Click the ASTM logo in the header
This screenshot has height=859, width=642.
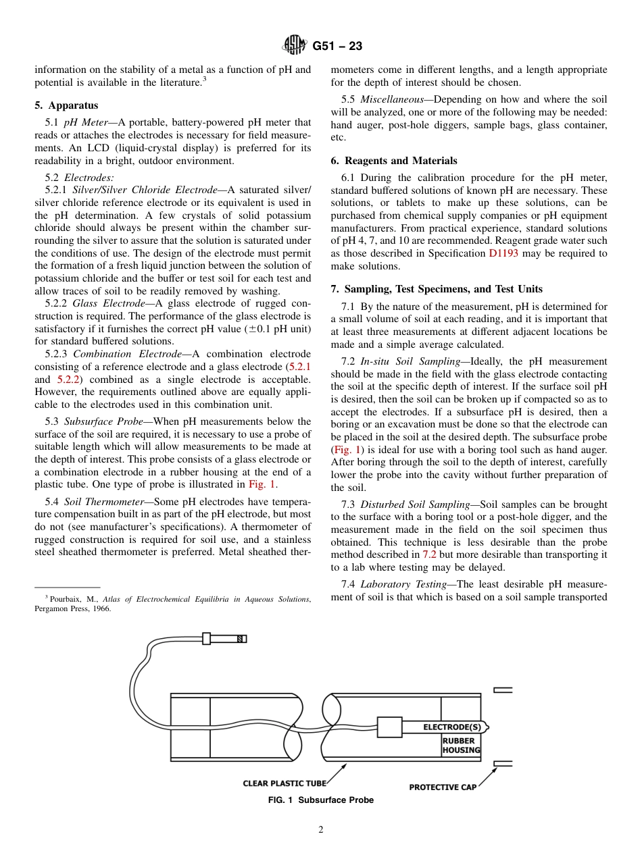[x=294, y=46]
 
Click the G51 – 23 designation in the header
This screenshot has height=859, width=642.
[x=337, y=46]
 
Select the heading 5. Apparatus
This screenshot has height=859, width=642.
[x=66, y=105]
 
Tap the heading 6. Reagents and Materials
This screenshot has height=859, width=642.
[x=394, y=161]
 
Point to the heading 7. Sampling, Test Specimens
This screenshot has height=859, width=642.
[x=437, y=289]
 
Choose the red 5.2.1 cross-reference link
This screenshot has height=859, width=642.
[x=299, y=366]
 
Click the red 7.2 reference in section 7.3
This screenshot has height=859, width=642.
[x=430, y=554]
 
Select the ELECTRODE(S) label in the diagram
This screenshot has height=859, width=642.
[x=452, y=727]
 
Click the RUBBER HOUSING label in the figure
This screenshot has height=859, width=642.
[x=461, y=746]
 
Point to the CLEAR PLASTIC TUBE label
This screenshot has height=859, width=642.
[x=285, y=783]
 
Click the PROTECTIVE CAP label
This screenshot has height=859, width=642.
[x=443, y=787]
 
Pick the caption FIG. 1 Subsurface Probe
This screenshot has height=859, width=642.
[x=321, y=800]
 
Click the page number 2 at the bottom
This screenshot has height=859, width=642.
[x=321, y=830]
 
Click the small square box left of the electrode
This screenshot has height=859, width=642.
[x=390, y=727]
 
